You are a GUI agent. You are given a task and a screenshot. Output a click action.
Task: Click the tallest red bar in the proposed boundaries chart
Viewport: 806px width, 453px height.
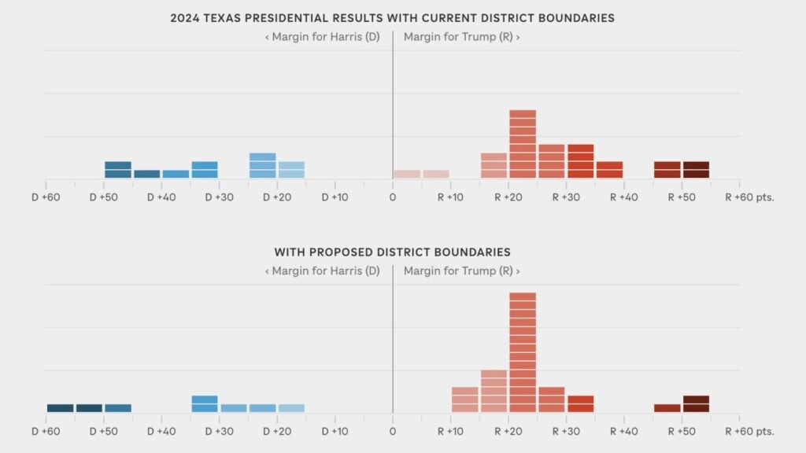[x=523, y=352]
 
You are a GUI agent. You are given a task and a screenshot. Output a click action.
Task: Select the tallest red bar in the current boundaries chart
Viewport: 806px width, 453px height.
[x=523, y=144]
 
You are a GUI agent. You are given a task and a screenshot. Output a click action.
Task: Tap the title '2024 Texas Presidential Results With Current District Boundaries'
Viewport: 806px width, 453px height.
[x=393, y=18]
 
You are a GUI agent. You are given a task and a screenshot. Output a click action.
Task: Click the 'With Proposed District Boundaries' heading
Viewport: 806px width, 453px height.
[x=393, y=252]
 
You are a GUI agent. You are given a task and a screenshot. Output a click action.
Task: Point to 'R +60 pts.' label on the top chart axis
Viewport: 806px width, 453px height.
[x=750, y=197]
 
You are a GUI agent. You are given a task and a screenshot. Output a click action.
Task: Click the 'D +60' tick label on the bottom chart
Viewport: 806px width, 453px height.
[x=46, y=432]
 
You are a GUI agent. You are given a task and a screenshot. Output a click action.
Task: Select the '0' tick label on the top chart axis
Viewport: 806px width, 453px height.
[x=393, y=197]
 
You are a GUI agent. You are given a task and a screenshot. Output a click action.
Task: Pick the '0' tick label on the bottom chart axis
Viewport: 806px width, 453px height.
[x=393, y=432]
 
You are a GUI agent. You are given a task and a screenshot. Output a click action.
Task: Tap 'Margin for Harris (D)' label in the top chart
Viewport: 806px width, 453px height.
[x=322, y=37]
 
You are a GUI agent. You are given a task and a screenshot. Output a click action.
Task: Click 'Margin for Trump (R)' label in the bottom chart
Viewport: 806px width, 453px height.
[x=461, y=271]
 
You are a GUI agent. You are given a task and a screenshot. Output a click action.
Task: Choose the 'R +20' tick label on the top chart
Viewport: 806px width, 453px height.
[x=508, y=197]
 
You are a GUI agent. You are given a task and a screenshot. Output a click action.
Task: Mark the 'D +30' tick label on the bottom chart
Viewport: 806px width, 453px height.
[x=220, y=432]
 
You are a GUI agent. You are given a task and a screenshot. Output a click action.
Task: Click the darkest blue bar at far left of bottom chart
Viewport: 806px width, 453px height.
[x=60, y=408]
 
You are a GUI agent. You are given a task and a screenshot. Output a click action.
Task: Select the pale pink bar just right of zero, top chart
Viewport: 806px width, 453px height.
[x=407, y=174]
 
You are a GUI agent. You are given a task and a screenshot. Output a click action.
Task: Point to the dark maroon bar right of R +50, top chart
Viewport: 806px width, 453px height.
[x=696, y=170]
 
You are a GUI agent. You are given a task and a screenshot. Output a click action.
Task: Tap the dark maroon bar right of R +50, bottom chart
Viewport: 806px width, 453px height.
[x=696, y=403]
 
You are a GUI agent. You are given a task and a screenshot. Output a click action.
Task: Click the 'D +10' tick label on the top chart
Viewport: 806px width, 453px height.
[x=335, y=197]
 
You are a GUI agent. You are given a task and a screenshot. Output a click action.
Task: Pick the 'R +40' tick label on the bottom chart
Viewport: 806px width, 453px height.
[x=623, y=432]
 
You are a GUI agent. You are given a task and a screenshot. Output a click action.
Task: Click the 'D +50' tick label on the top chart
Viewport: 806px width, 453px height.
[x=104, y=197]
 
